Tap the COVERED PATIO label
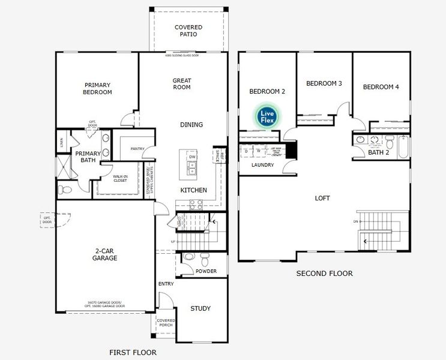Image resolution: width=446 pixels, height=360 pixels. [x=188, y=31]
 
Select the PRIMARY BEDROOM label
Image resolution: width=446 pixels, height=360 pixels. [x=97, y=89]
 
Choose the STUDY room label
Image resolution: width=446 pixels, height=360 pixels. [x=200, y=308]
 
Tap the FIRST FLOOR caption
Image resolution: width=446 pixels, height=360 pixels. [x=133, y=352]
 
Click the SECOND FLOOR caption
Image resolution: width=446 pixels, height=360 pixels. [x=324, y=274]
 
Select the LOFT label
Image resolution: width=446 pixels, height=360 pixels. [x=322, y=198]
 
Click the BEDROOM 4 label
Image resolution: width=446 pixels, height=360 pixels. [x=381, y=87]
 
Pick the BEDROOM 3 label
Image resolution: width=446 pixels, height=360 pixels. [x=324, y=83]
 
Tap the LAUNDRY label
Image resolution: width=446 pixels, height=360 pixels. [x=262, y=165]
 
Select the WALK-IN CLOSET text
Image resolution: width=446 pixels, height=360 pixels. [x=119, y=178]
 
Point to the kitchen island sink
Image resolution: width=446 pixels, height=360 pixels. [x=192, y=171]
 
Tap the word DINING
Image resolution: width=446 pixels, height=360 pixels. [x=191, y=125]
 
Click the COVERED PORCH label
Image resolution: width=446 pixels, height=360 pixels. [x=166, y=323]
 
